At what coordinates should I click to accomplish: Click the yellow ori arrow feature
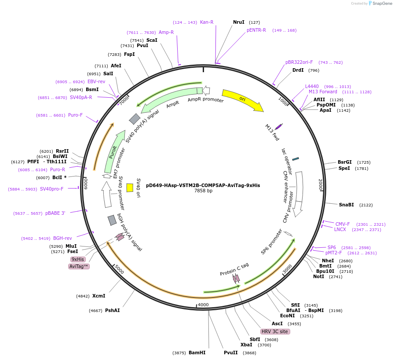point(242,99)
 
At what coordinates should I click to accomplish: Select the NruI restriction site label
point(239,22)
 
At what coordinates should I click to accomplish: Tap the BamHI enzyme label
point(197,353)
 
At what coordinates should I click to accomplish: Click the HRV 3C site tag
point(275,331)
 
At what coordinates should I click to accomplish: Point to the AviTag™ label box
point(79,266)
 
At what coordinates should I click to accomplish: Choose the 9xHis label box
point(78,259)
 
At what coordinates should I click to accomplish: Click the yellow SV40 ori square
point(130,187)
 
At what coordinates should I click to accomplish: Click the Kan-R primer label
point(207,22)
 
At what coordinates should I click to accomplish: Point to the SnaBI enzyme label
point(347,205)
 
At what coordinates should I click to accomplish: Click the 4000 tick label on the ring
point(203,305)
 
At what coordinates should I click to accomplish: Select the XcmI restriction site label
point(99,296)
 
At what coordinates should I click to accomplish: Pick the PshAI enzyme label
point(112,310)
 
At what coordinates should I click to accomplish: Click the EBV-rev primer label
point(96,81)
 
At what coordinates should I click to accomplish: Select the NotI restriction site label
point(318,276)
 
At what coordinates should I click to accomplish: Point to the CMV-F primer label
point(343,224)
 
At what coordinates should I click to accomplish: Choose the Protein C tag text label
point(234,269)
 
